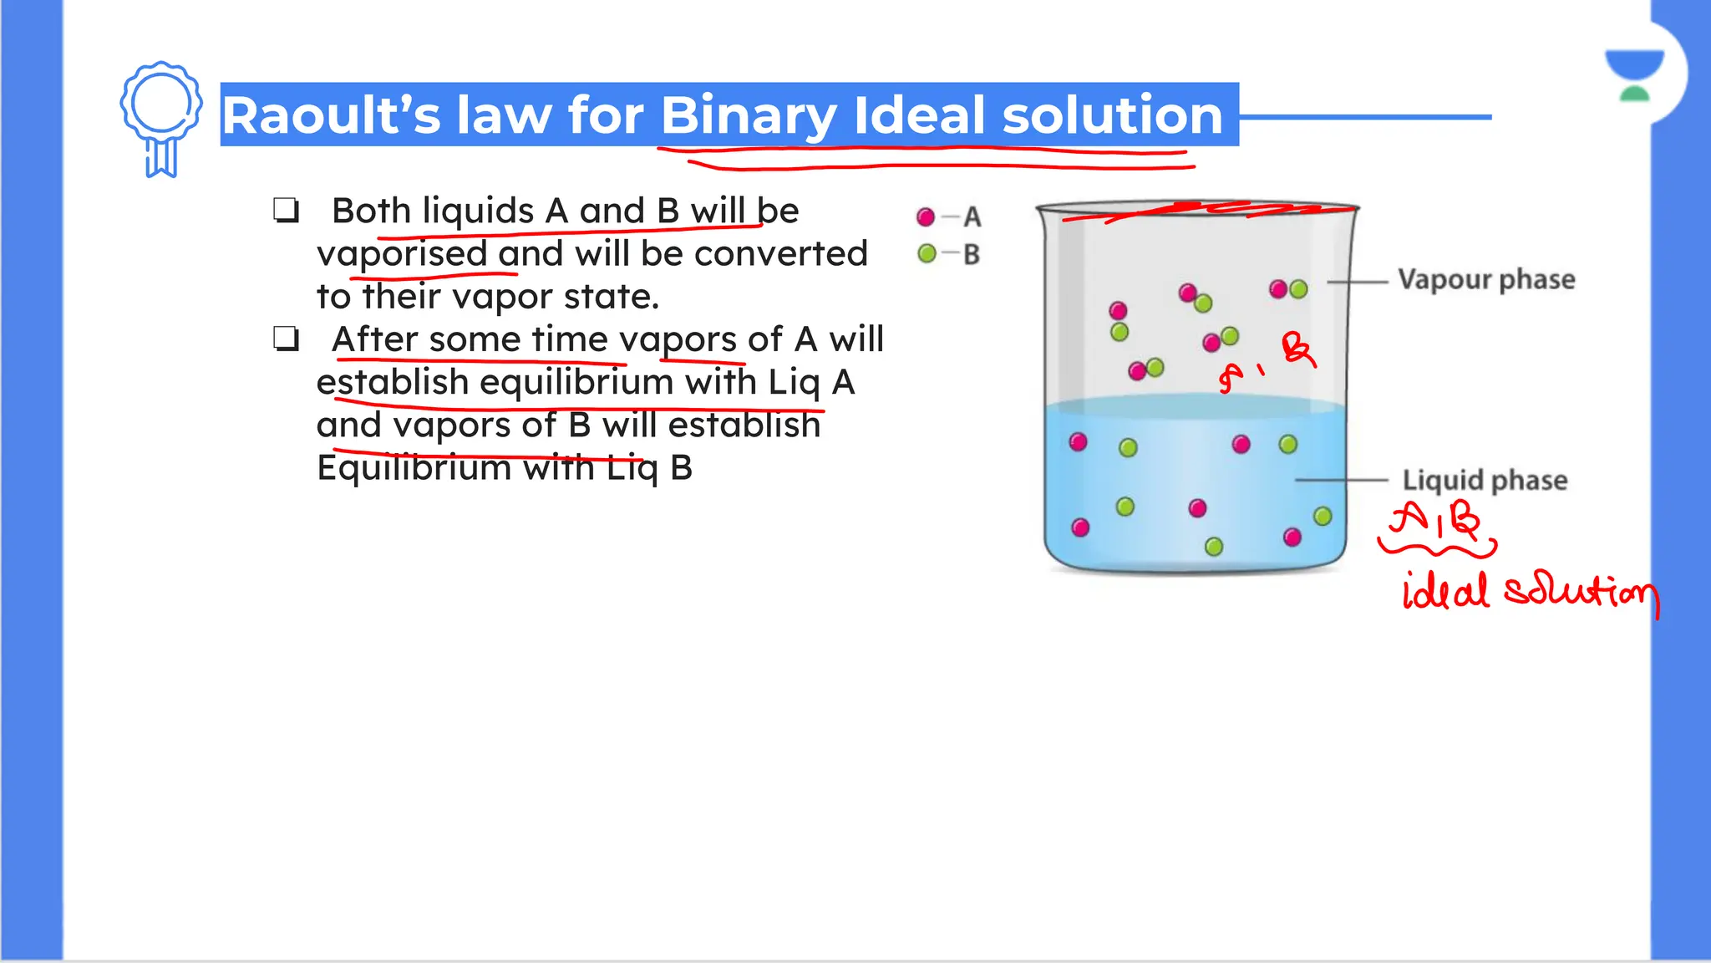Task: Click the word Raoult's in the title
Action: click(x=331, y=115)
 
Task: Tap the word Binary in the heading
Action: click(x=749, y=115)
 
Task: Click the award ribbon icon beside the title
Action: click(x=161, y=117)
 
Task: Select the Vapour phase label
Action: click(x=1486, y=279)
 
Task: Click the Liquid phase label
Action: click(x=1485, y=480)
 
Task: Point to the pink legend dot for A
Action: click(x=926, y=217)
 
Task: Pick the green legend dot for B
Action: click(x=927, y=253)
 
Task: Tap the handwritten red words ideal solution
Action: click(x=1529, y=592)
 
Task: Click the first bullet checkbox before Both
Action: click(x=286, y=211)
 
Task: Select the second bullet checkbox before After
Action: click(x=286, y=339)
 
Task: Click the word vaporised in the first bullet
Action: click(x=402, y=254)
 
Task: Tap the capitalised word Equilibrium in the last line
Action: click(x=414, y=467)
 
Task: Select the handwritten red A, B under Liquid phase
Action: click(x=1435, y=522)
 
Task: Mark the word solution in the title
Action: click(x=1112, y=115)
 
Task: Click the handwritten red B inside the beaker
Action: click(x=1298, y=349)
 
